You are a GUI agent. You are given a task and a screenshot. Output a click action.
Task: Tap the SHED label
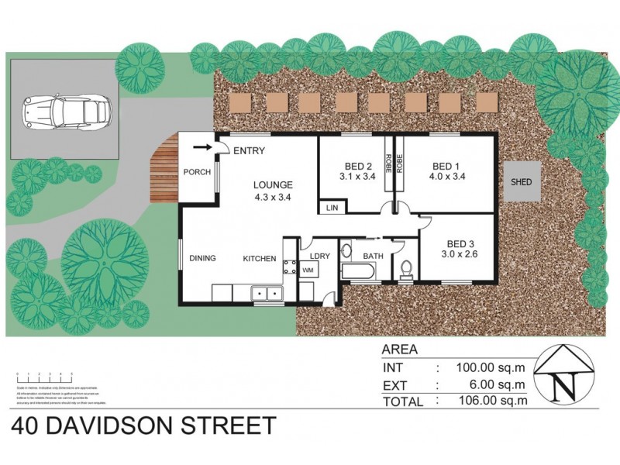[520, 183]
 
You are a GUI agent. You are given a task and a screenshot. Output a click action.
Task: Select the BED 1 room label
[446, 166]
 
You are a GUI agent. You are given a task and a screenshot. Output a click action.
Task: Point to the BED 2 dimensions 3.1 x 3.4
[357, 177]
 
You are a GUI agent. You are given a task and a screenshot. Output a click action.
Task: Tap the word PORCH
[197, 172]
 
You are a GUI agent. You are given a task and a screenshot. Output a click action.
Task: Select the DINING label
[202, 258]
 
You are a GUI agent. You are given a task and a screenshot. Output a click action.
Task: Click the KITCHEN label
[260, 258]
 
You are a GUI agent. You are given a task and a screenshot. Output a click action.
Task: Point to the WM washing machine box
[308, 270]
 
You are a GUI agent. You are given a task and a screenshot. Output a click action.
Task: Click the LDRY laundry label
[320, 255]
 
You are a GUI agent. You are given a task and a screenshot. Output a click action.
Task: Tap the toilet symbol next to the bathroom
[406, 268]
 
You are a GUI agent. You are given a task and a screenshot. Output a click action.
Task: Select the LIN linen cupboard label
[332, 208]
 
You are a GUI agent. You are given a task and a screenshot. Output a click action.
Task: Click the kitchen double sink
[265, 293]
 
